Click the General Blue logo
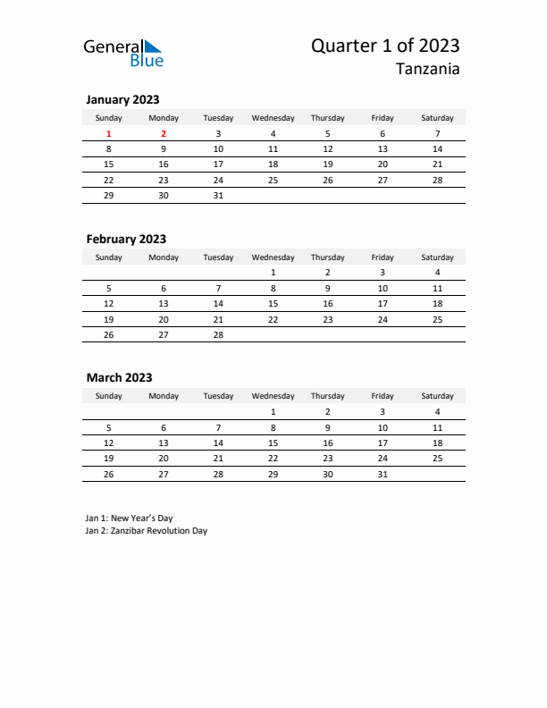[x=123, y=53]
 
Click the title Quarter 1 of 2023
[x=386, y=46]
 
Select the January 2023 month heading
[x=122, y=100]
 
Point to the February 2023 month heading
[x=126, y=239]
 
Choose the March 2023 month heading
[x=119, y=377]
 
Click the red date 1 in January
[x=109, y=134]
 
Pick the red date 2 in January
[x=164, y=134]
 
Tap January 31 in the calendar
[x=218, y=195]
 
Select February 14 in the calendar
[x=218, y=303]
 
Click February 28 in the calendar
[x=218, y=333]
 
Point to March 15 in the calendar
[x=273, y=442]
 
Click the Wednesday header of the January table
[x=273, y=118]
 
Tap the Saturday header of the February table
[x=437, y=257]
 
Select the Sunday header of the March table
[x=109, y=396]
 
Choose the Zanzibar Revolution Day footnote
[x=146, y=530]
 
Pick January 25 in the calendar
[x=273, y=180]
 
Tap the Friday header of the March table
[x=383, y=396]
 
